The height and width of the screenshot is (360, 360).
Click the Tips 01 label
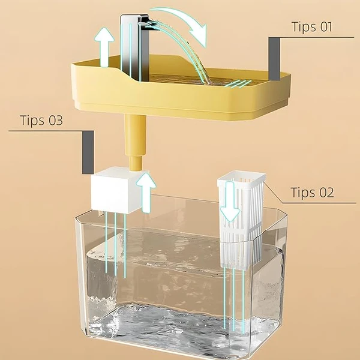click(312, 27)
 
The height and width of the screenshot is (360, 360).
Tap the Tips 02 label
click(312, 193)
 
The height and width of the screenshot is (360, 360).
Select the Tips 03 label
click(41, 120)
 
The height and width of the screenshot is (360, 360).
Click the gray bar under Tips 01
click(274, 59)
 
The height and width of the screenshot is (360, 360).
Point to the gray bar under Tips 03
click(88, 152)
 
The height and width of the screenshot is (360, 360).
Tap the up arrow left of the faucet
click(104, 47)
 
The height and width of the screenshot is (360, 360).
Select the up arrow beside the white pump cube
click(146, 193)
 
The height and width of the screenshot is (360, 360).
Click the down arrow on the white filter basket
click(230, 202)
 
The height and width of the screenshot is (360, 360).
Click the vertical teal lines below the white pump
click(115, 245)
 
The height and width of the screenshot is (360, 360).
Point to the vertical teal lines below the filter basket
click(234, 301)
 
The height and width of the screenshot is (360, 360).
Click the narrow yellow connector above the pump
click(135, 164)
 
